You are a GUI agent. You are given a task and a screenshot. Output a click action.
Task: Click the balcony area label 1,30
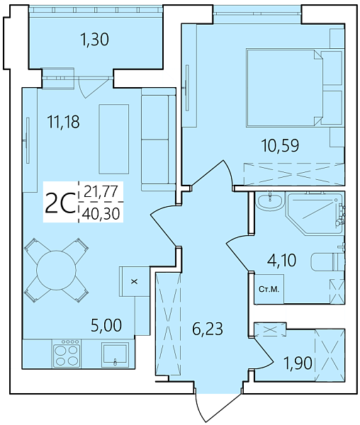(x=94, y=40)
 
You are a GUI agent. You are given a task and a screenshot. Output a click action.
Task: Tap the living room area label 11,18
(x=63, y=122)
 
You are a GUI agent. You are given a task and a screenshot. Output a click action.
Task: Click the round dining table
(x=56, y=270)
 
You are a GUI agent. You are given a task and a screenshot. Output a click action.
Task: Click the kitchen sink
(x=114, y=352)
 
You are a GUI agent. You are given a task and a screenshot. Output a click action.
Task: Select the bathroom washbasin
(x=269, y=203)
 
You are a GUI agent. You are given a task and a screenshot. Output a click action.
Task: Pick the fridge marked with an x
(x=134, y=280)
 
